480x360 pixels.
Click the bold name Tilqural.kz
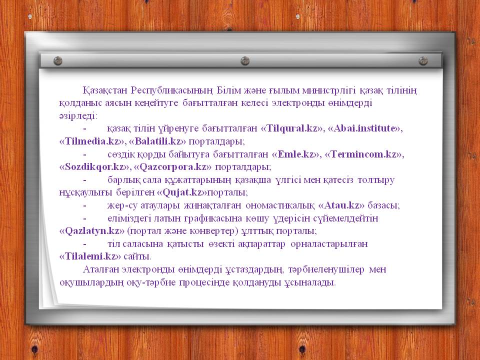pos(293,128)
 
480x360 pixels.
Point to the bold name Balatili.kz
pos(158,141)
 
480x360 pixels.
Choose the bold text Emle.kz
pos(296,154)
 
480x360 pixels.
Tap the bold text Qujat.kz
pos(182,192)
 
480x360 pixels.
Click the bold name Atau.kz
pos(342,205)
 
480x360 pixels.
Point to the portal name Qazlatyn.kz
pos(92,230)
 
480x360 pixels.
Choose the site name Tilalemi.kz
pos(91,256)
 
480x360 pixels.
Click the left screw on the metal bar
pos(58,61)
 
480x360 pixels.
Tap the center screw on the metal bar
pos(245,61)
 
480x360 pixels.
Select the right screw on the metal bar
pos(423,61)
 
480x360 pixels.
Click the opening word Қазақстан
pos(105,90)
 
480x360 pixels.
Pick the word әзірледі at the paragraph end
pos(78,115)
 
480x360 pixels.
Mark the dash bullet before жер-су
pos(85,205)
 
